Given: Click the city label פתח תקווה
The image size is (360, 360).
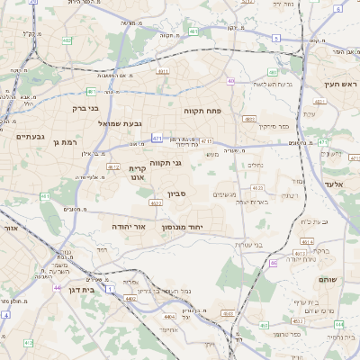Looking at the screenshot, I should pos(202,110).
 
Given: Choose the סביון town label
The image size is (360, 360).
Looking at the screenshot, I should pos(176,193).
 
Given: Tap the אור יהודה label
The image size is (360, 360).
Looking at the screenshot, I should pos(130,228).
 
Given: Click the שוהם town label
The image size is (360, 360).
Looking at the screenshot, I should pos(327,280).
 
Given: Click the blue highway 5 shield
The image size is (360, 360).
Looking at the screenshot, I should pos(338,9).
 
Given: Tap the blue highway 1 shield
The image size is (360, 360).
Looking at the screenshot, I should pos(109,290).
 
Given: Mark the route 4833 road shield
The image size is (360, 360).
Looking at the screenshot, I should pos(249,118).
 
